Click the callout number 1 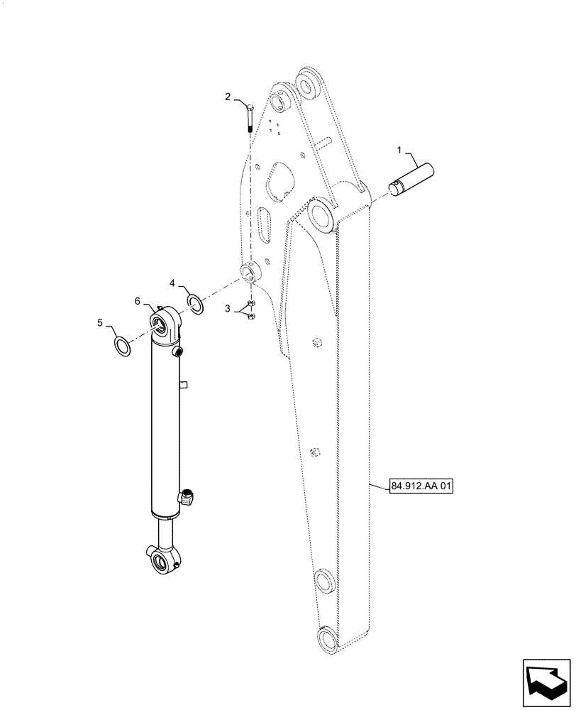point(399,151)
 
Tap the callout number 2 point(228,97)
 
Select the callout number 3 point(228,309)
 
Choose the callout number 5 point(101,324)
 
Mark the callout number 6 point(138,300)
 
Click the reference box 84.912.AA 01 point(421,487)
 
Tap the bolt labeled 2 point(250,116)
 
